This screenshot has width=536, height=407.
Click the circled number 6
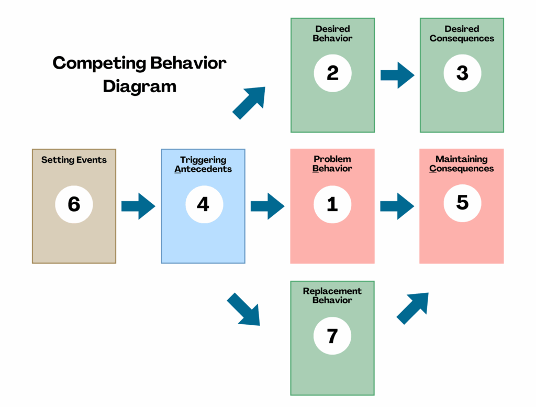[74, 204]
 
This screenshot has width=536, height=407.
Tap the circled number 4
[204, 204]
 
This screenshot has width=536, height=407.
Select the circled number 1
[332, 204]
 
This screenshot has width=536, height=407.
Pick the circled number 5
[462, 203]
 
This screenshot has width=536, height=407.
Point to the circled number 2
[332, 73]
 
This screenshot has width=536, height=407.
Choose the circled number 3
[462, 73]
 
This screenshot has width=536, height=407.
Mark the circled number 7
[332, 336]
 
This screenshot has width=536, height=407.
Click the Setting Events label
[74, 160]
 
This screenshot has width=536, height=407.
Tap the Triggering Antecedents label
[203, 164]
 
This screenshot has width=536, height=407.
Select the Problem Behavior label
[332, 164]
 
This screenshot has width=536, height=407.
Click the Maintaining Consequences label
[462, 164]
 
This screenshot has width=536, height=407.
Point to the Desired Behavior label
[332, 34]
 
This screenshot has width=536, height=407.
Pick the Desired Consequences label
[462, 34]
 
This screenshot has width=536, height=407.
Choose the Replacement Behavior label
[332, 295]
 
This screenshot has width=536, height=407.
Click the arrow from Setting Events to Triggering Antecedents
[138, 206]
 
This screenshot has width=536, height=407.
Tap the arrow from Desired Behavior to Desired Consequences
[398, 75]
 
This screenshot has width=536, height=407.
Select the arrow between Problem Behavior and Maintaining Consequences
[397, 206]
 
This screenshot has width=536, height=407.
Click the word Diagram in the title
[139, 86]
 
